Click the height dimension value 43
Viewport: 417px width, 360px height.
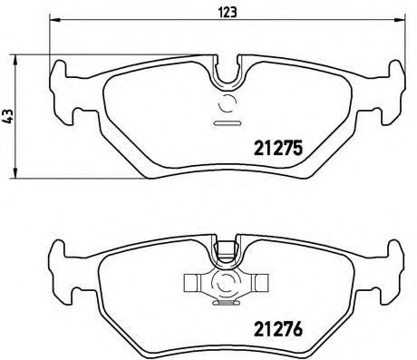tap(9, 116)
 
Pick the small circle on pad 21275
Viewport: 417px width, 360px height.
tap(227, 102)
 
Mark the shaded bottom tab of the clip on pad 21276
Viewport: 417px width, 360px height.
tap(227, 303)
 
